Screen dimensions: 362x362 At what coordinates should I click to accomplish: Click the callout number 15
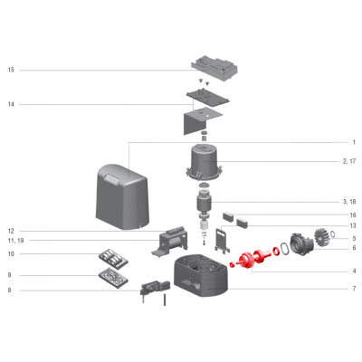tap(11, 70)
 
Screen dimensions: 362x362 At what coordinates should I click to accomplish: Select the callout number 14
tap(11, 104)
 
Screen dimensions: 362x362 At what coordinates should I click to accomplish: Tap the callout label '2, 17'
tap(349, 161)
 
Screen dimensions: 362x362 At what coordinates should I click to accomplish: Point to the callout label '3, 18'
tap(349, 202)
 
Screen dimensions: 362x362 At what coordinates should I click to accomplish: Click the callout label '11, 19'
tap(16, 241)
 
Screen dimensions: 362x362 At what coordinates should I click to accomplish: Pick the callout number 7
tap(354, 289)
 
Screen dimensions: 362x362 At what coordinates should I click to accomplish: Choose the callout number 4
tap(354, 271)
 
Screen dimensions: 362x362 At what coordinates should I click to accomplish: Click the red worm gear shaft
tap(252, 258)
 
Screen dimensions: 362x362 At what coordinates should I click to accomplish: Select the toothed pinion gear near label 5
tap(321, 237)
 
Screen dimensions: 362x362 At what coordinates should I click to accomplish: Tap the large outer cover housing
tap(122, 196)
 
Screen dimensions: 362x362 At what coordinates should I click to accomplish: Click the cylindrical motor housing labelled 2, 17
tap(204, 163)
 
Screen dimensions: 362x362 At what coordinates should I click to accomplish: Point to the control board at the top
tap(214, 68)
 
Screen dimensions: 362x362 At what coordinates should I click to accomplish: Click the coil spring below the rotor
tap(205, 225)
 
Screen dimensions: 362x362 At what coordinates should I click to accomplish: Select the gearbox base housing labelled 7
tap(201, 274)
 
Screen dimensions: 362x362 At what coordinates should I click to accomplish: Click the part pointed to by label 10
tap(113, 259)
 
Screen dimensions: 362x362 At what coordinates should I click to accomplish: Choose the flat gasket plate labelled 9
tap(113, 278)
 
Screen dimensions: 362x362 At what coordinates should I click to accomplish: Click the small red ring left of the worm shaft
tap(232, 264)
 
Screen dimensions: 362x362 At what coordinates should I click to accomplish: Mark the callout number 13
tap(353, 225)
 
